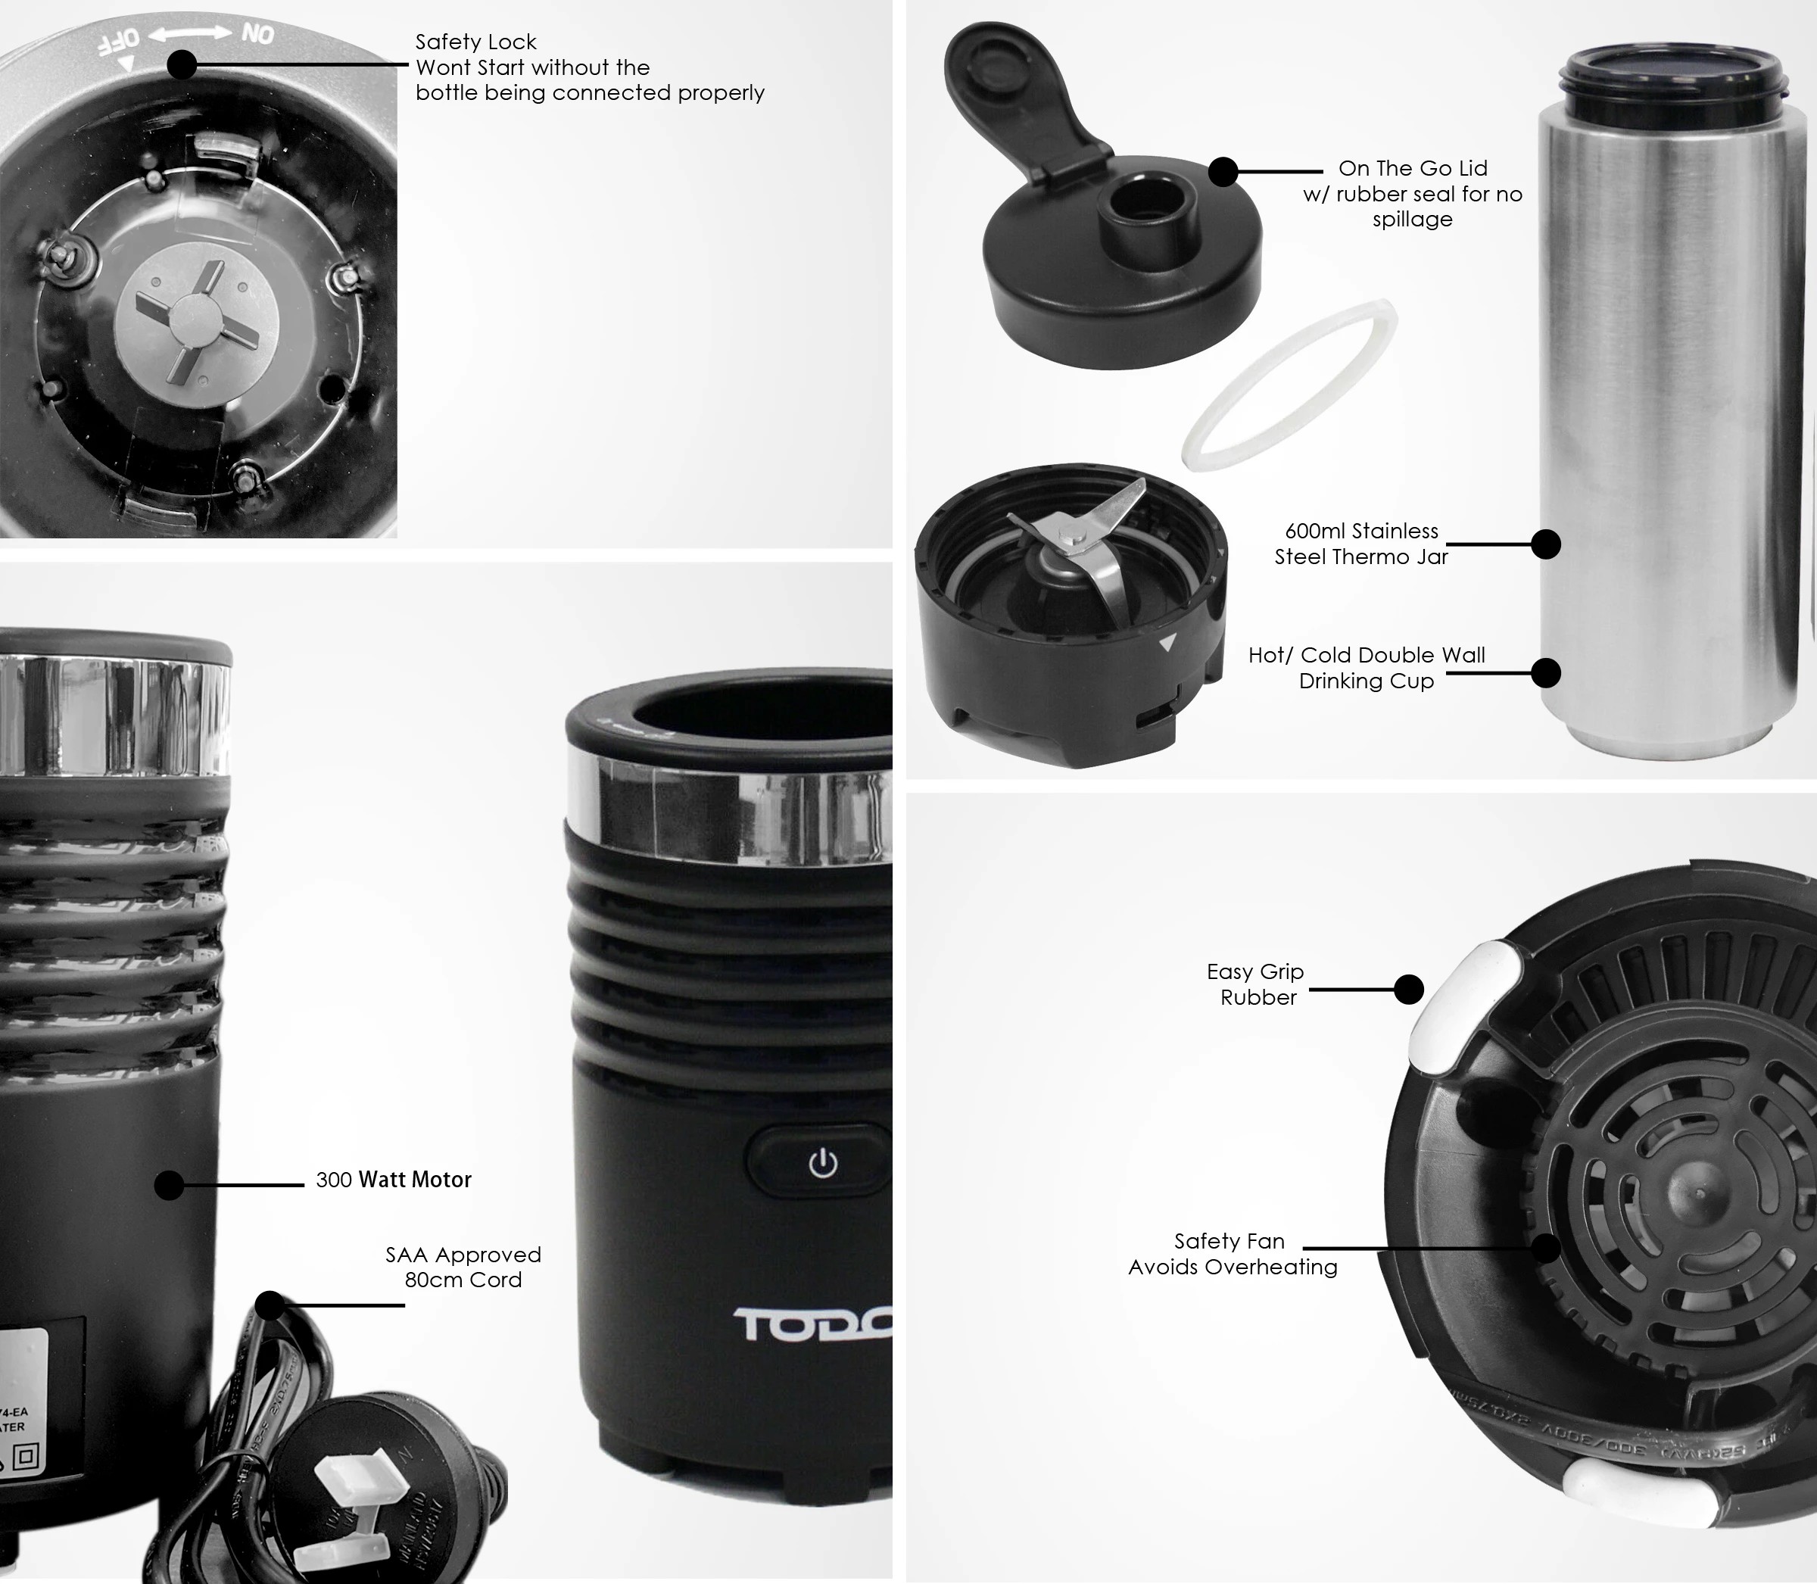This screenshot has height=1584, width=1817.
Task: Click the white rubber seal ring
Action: point(1289,384)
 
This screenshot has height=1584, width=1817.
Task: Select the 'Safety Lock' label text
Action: point(475,42)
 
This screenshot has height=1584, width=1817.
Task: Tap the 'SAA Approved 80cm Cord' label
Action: point(463,1267)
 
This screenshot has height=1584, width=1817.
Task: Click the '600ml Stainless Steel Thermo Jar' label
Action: point(1361,544)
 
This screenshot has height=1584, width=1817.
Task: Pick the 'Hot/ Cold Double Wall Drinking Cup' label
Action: point(1367,667)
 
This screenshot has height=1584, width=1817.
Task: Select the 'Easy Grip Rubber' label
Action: point(1256,984)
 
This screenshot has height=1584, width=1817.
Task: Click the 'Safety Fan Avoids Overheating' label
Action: point(1232,1253)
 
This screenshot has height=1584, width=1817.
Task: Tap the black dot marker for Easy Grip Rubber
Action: point(1409,989)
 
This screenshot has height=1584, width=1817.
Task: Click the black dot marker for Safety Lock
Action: point(181,64)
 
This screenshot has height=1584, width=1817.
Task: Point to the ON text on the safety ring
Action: point(257,35)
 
